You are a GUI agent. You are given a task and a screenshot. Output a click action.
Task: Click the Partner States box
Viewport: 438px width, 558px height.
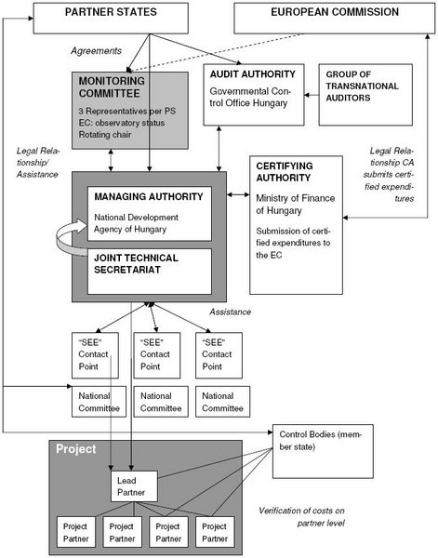click(x=111, y=19)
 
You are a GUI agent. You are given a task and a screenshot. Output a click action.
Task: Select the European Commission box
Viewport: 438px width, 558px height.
click(x=335, y=19)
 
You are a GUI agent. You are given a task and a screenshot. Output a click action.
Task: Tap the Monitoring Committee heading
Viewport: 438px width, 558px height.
click(x=112, y=87)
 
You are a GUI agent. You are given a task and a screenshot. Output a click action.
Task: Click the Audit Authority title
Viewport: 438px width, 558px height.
click(x=253, y=74)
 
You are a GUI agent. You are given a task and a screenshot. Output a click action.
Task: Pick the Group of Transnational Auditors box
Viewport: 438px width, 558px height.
click(x=365, y=95)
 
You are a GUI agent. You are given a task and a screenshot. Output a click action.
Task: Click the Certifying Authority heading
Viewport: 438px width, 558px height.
click(x=285, y=172)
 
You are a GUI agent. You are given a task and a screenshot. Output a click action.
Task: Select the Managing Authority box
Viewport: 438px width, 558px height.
click(x=150, y=214)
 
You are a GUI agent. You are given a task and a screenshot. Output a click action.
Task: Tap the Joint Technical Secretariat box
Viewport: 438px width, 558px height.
click(x=150, y=272)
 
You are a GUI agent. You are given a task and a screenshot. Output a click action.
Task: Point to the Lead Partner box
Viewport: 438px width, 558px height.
click(x=134, y=486)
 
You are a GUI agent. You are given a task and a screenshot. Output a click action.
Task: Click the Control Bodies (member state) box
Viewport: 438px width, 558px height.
click(x=323, y=451)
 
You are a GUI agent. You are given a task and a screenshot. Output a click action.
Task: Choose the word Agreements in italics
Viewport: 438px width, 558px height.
click(x=96, y=51)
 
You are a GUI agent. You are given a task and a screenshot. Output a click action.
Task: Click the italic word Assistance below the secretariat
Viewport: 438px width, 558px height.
click(x=230, y=312)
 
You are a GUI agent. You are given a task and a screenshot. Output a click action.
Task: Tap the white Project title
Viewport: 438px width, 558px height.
click(x=76, y=449)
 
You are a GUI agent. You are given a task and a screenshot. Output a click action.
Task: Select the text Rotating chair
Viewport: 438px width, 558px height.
click(x=105, y=135)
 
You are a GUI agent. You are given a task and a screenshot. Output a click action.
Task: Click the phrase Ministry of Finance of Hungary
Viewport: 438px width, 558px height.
click(x=296, y=205)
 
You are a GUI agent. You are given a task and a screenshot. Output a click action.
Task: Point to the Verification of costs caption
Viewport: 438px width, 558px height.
click(x=301, y=517)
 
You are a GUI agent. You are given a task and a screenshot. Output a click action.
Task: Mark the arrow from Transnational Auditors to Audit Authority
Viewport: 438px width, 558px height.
click(x=312, y=95)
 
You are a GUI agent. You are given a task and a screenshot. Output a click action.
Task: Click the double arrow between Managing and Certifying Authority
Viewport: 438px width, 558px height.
click(x=238, y=194)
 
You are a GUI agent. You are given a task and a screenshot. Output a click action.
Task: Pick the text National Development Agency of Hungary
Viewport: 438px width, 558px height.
click(x=137, y=223)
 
